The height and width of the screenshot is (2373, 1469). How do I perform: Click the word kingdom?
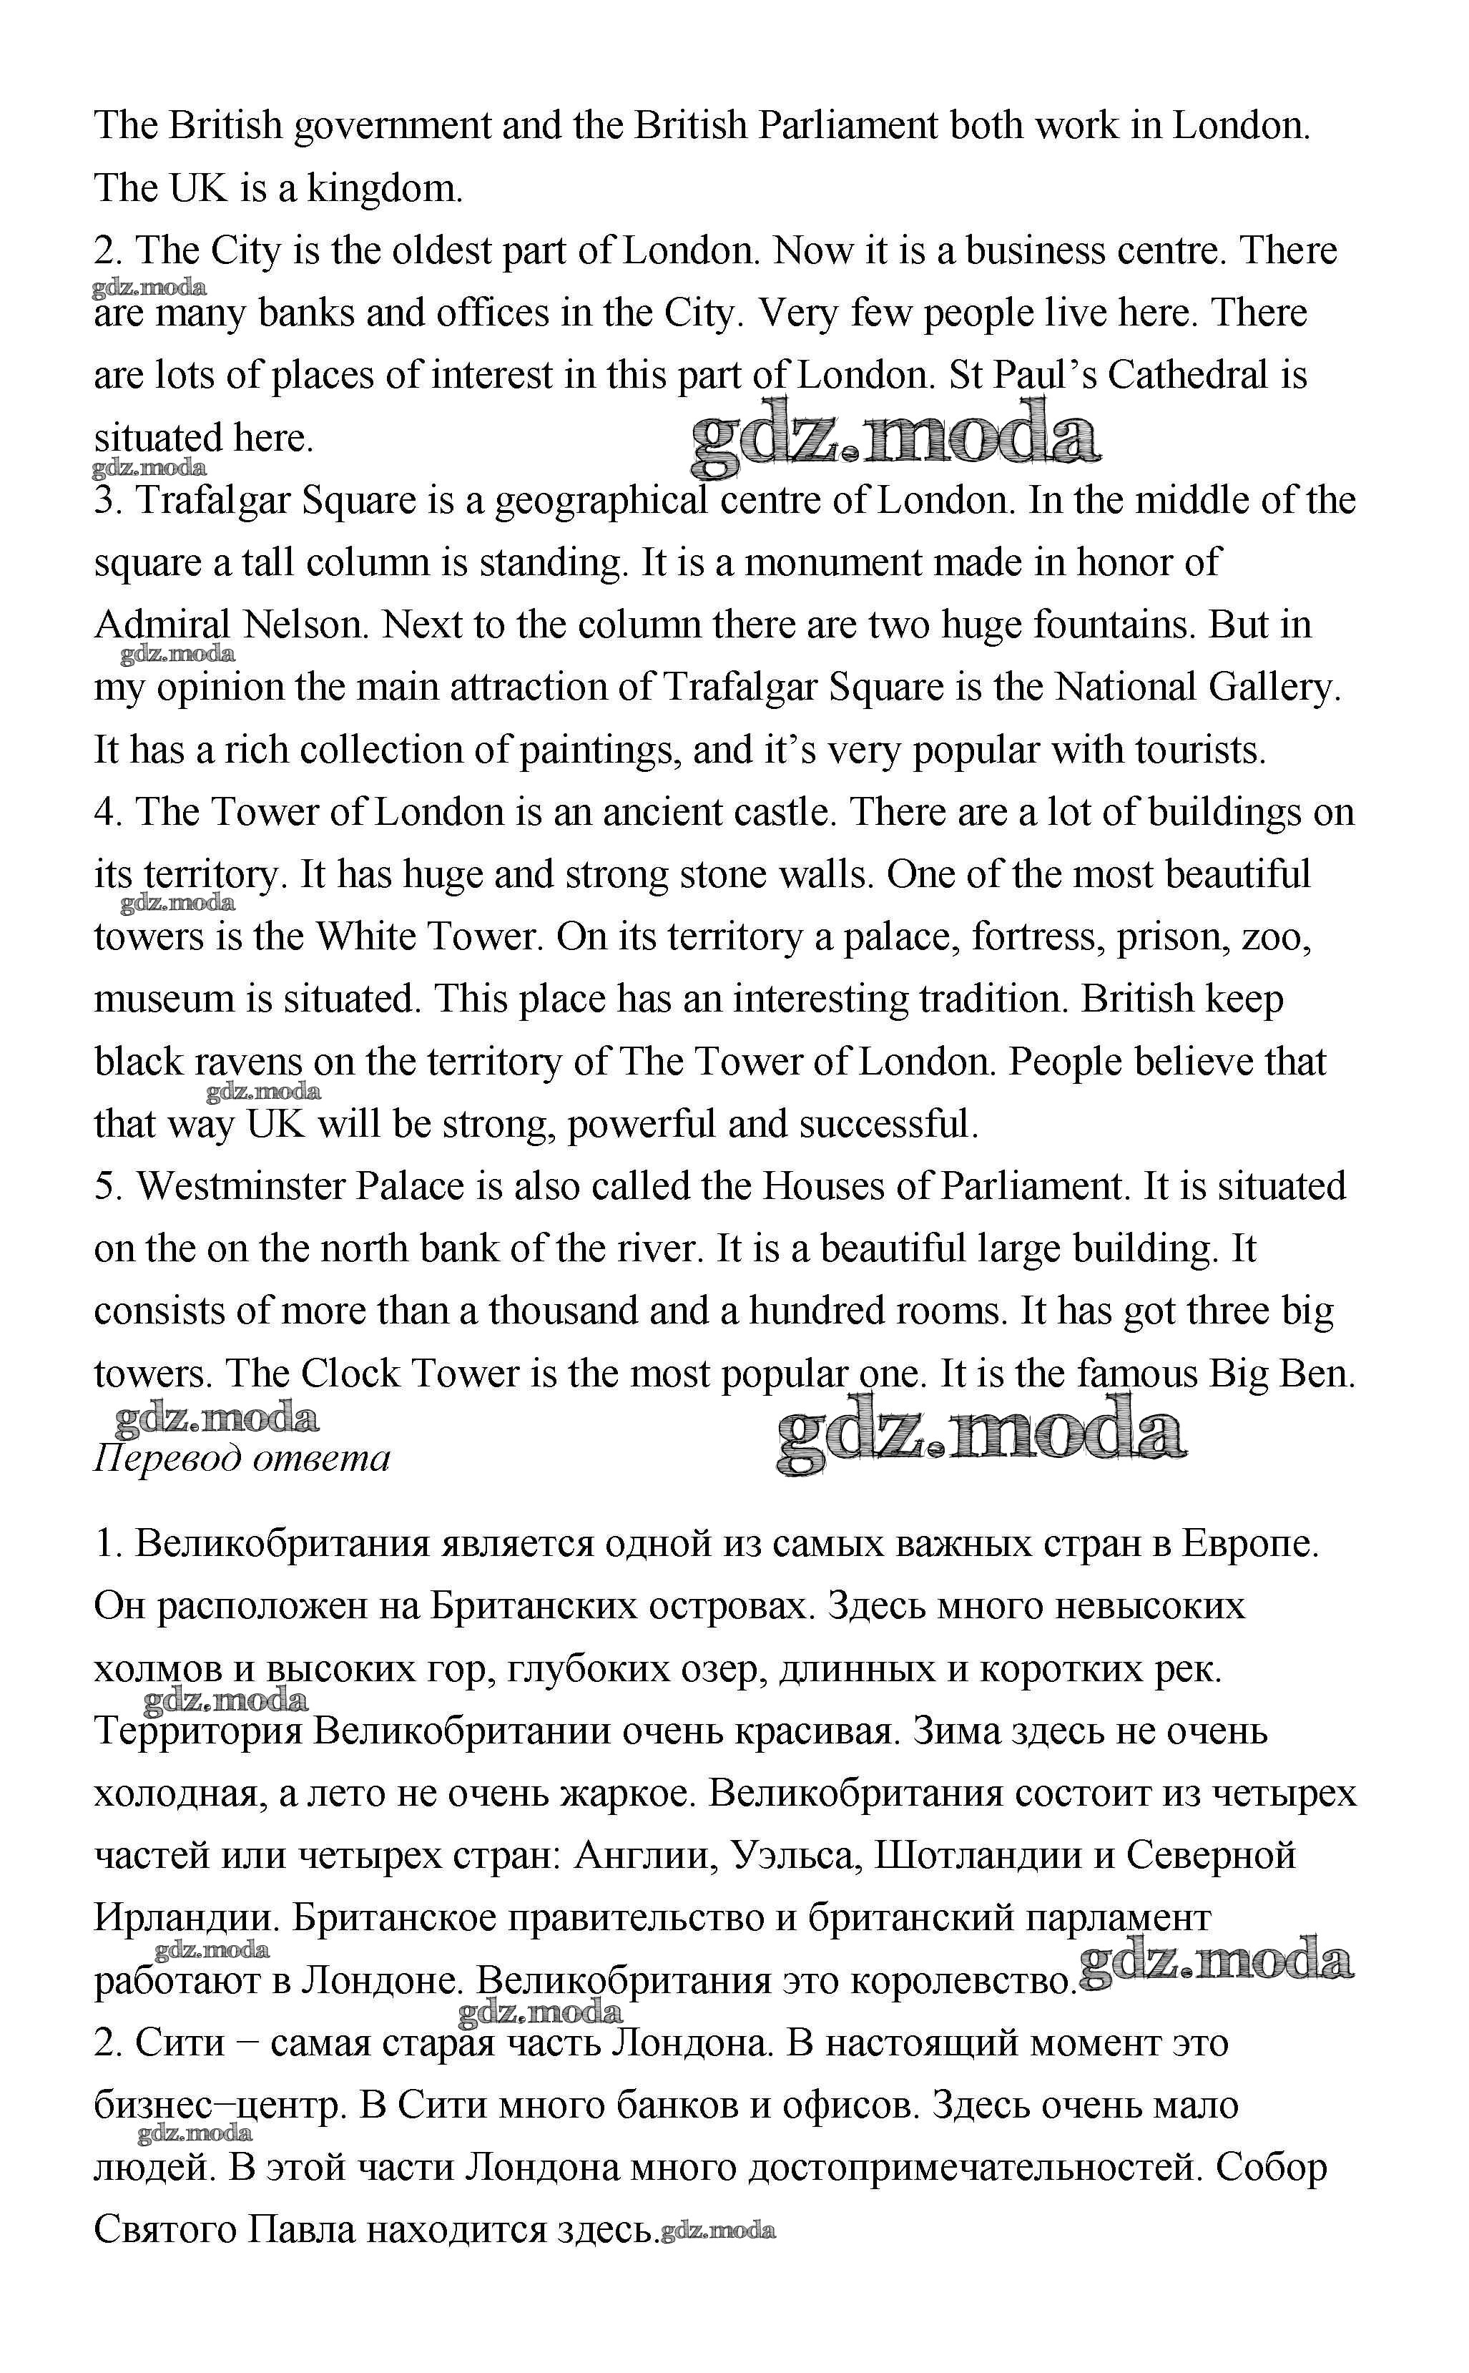(385, 189)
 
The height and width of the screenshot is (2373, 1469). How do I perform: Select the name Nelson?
(306, 625)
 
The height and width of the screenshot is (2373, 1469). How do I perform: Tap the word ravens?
(249, 1062)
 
